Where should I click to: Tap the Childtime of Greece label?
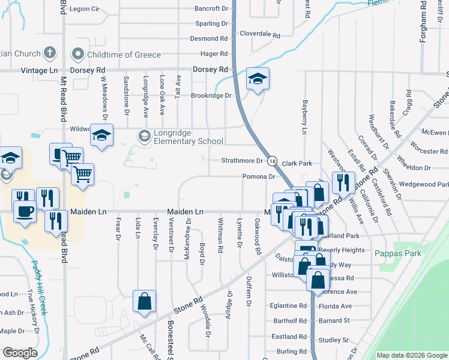(124, 55)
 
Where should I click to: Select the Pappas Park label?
(398, 253)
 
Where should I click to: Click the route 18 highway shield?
(273, 161)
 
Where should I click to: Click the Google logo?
(20, 353)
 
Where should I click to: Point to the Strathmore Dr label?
(242, 161)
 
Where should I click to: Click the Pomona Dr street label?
(259, 176)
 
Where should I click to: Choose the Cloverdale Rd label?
(260, 35)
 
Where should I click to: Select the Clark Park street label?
(297, 163)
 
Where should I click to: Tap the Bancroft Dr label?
(212, 9)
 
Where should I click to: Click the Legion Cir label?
(84, 9)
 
